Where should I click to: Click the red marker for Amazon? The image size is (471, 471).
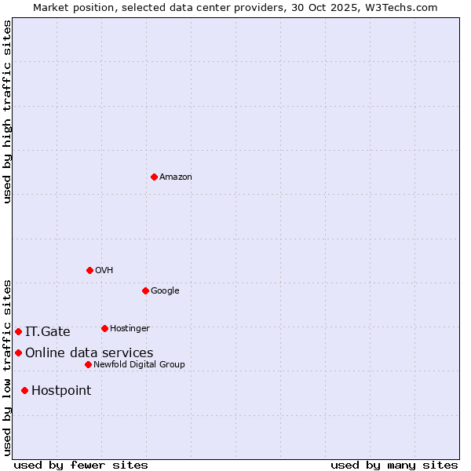click(x=154, y=177)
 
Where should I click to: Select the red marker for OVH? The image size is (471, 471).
click(x=89, y=270)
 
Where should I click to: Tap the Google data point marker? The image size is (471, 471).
click(x=145, y=290)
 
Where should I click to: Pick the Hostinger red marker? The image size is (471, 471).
click(x=104, y=328)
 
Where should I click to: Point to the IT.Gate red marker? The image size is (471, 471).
click(x=18, y=331)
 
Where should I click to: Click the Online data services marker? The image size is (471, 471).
click(x=18, y=352)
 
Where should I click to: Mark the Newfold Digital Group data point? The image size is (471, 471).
click(x=88, y=364)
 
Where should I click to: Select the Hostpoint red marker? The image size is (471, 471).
click(x=24, y=390)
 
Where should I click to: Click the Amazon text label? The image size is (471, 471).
click(x=176, y=177)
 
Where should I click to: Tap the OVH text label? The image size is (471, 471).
click(x=104, y=271)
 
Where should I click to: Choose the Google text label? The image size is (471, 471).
click(x=165, y=291)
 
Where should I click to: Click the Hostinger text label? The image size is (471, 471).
click(x=130, y=329)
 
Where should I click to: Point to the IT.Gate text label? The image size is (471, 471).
click(x=48, y=332)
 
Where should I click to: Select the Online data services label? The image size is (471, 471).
click(x=89, y=353)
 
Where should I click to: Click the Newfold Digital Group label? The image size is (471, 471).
click(x=140, y=365)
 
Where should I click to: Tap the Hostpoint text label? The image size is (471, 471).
click(x=61, y=391)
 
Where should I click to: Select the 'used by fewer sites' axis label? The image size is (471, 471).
click(x=81, y=465)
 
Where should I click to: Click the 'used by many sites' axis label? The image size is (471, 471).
click(x=394, y=465)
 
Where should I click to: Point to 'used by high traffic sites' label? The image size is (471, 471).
click(x=7, y=111)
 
